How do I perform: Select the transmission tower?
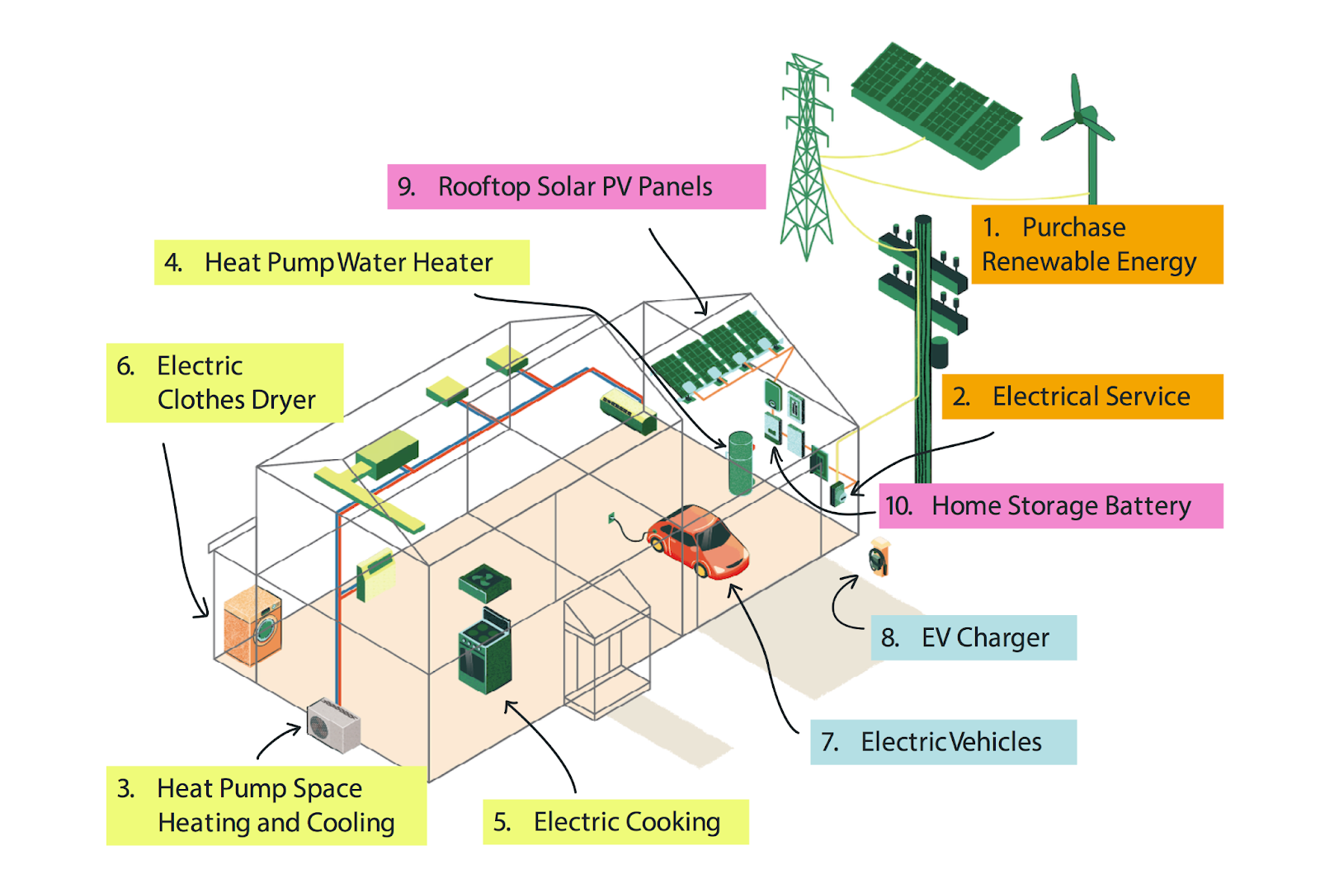806,157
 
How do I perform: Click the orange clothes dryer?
252,625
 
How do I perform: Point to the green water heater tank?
741,463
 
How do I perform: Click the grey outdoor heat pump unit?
333,726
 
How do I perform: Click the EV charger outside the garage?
879,557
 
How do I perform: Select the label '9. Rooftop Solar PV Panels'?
577,186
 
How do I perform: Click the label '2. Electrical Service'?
1082,397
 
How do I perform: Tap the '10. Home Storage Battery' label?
1051,506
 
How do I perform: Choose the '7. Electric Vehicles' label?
944,742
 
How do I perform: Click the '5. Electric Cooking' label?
615,822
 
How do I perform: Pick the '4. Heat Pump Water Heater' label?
342,263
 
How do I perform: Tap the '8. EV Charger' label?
973,638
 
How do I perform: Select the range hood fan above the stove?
485,583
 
